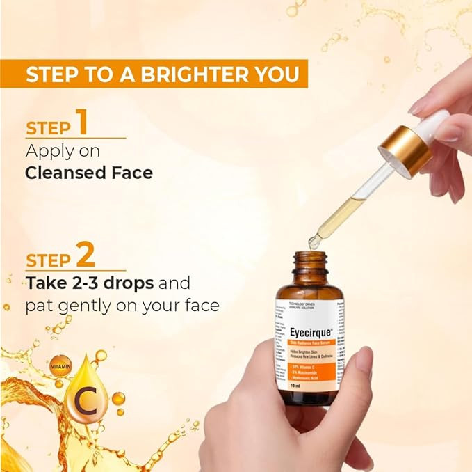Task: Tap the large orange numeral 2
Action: click(x=85, y=255)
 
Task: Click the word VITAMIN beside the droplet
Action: click(x=60, y=364)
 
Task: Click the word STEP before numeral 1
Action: click(x=49, y=127)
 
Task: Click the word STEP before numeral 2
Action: click(x=49, y=261)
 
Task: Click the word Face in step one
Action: click(x=133, y=172)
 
